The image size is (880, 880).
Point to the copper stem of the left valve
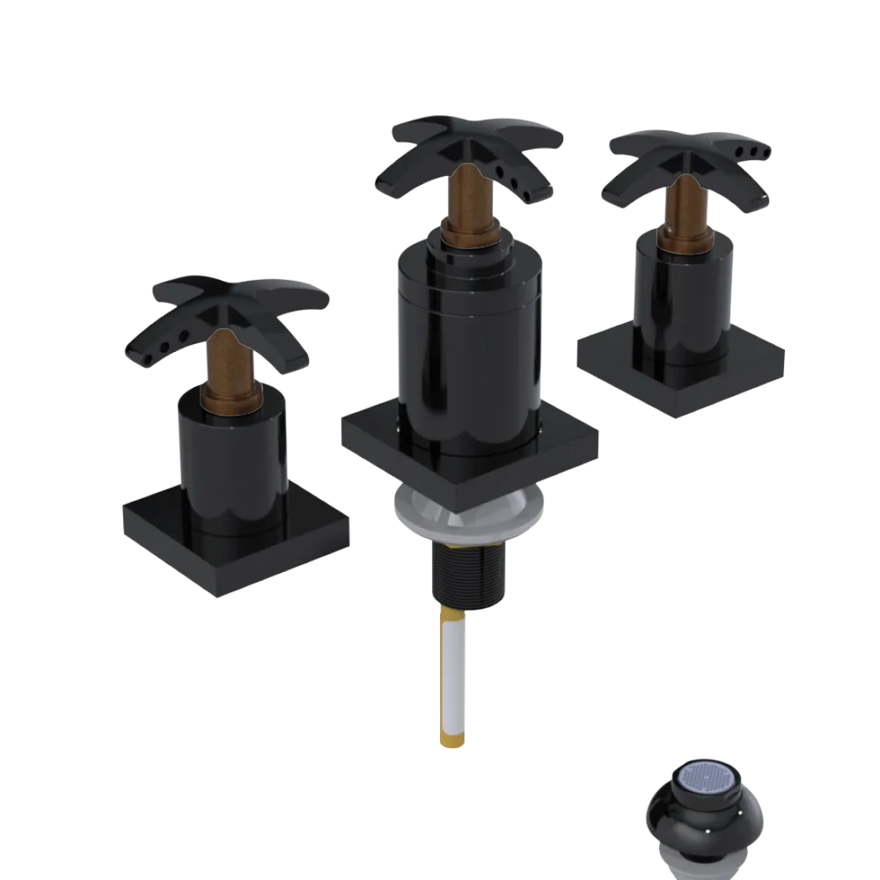click(228, 361)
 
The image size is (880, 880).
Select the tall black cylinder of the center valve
click(466, 352)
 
